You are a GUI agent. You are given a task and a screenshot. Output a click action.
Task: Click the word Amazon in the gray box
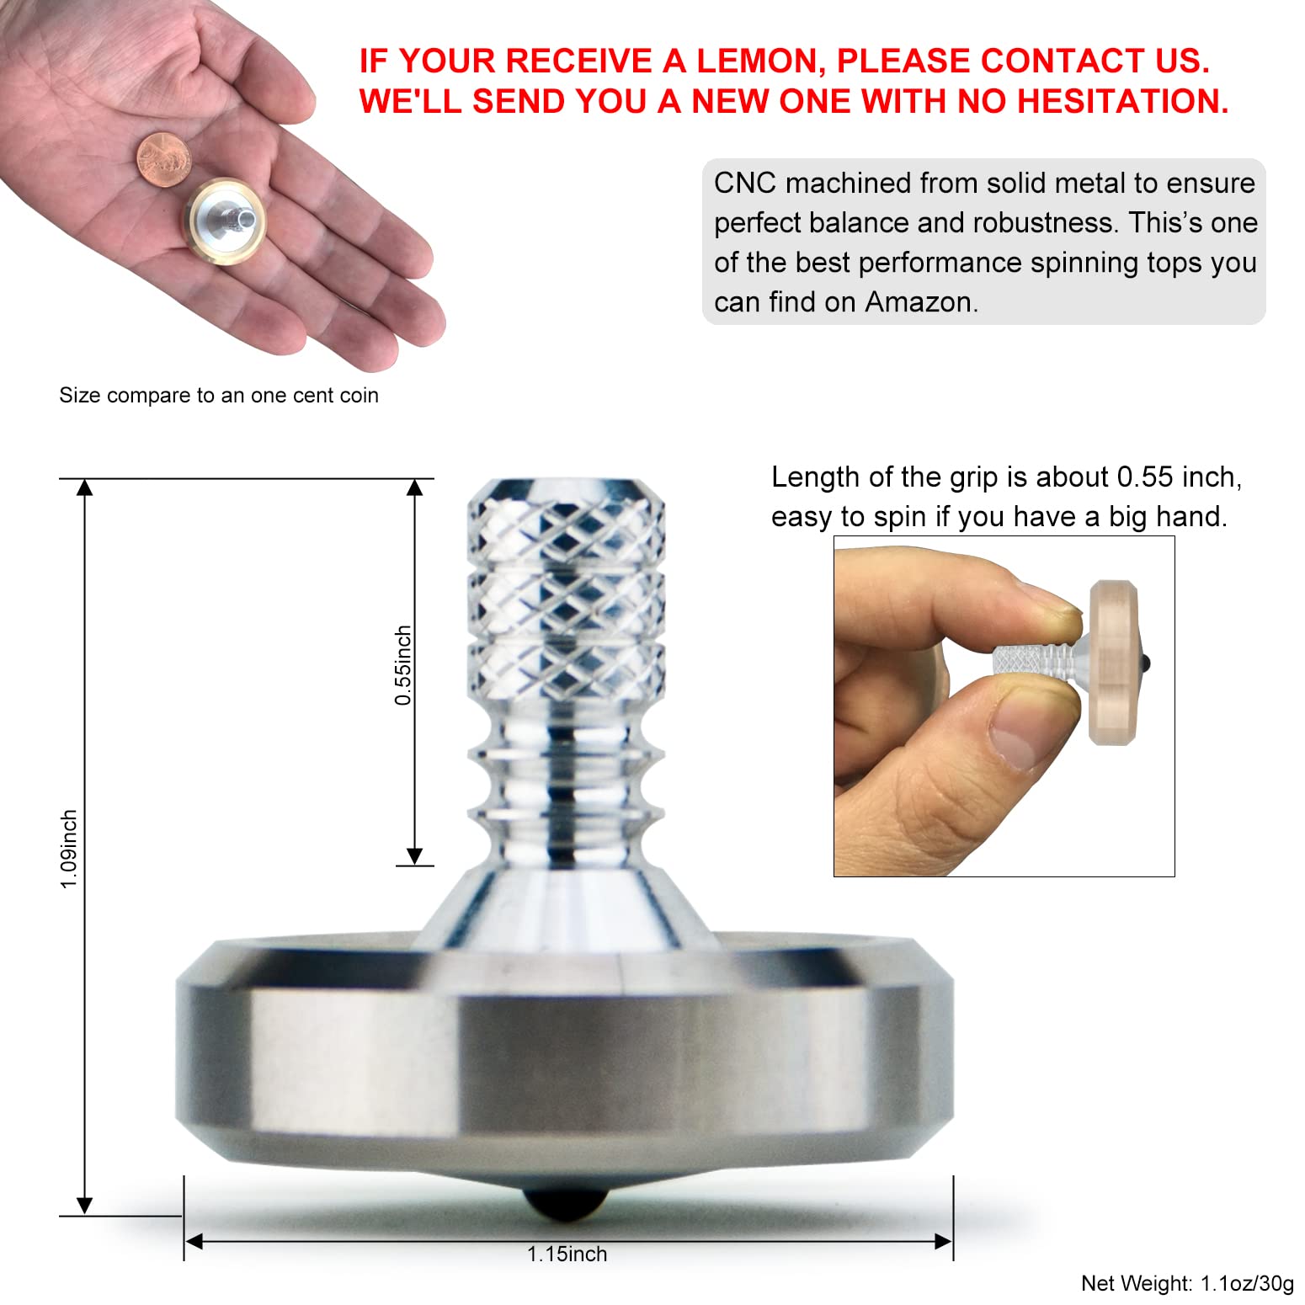click(x=921, y=301)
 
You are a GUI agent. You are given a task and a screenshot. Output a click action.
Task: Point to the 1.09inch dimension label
click(x=69, y=849)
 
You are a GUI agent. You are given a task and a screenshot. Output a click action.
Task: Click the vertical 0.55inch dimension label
click(x=403, y=665)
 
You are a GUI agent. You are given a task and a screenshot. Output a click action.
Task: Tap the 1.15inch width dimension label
click(x=567, y=1254)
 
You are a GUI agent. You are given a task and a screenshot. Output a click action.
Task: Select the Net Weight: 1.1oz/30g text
click(x=1187, y=1283)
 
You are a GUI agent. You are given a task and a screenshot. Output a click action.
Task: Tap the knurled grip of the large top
click(x=567, y=589)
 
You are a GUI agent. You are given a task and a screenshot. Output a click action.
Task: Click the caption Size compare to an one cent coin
click(x=219, y=396)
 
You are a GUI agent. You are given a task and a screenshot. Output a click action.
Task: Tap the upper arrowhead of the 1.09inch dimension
click(x=84, y=487)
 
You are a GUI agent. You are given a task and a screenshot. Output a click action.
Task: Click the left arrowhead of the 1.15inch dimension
click(x=194, y=1241)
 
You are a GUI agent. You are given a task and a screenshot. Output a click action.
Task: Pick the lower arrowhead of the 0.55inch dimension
click(x=414, y=856)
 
